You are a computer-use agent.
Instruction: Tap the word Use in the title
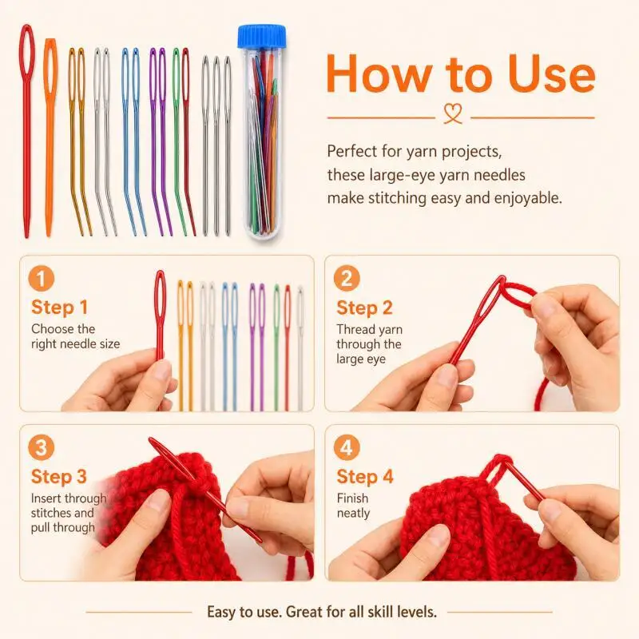point(552,74)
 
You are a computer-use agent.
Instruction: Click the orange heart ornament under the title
point(453,113)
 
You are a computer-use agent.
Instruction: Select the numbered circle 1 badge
point(42,278)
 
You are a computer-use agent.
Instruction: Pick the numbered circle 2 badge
point(347,278)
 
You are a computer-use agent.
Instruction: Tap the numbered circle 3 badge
point(42,447)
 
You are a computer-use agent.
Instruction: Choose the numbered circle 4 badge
point(347,447)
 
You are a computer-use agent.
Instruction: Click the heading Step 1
point(59,308)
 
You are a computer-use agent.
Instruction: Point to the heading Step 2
point(364,308)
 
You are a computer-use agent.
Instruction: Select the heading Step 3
point(59,477)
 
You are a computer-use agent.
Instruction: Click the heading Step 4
point(365,477)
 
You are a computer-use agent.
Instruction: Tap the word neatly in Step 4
point(353,513)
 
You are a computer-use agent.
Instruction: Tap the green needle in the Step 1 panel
point(276,347)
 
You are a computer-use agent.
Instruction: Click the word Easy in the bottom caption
point(221,612)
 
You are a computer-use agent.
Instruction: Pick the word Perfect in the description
point(352,151)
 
